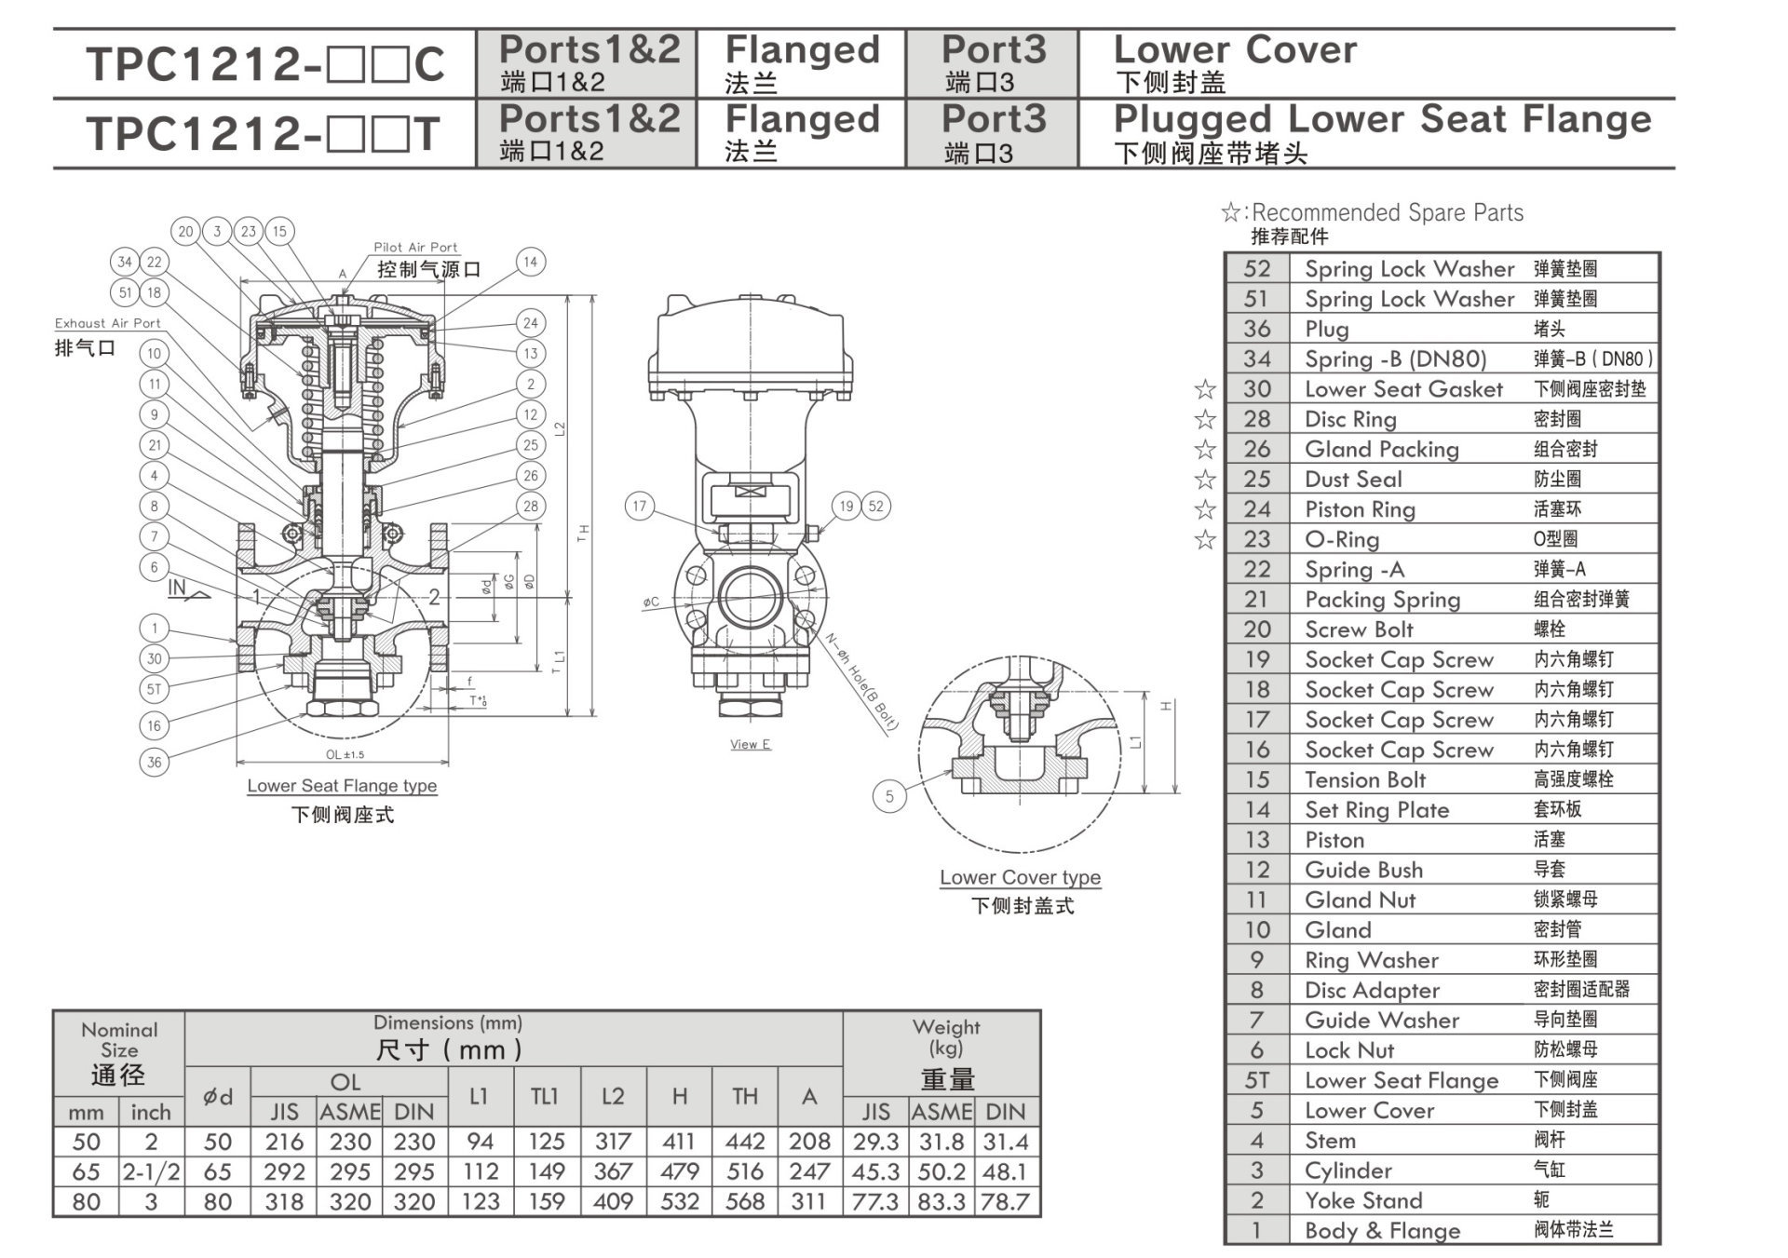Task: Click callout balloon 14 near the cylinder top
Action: pyautogui.click(x=530, y=262)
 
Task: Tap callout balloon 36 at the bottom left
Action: pyautogui.click(x=155, y=762)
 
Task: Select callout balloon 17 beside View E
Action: pyautogui.click(x=639, y=507)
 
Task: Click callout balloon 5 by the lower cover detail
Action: pyautogui.click(x=889, y=796)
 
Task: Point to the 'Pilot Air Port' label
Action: pyautogui.click(x=415, y=248)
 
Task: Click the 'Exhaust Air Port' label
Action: pyautogui.click(x=107, y=323)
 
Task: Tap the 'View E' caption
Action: pyautogui.click(x=750, y=744)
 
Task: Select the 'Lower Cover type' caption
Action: pyautogui.click(x=1020, y=877)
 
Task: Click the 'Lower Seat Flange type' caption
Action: pyautogui.click(x=342, y=786)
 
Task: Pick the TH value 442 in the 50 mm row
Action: pyautogui.click(x=744, y=1142)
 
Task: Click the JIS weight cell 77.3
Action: pyautogui.click(x=875, y=1202)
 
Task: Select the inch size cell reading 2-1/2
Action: pyautogui.click(x=151, y=1172)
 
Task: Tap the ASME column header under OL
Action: pyautogui.click(x=350, y=1112)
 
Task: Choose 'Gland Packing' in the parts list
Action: pyautogui.click(x=1381, y=449)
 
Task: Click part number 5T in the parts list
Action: pyautogui.click(x=1256, y=1080)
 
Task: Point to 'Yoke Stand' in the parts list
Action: pyautogui.click(x=1362, y=1200)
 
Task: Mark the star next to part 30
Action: pyautogui.click(x=1205, y=389)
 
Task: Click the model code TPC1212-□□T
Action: pyautogui.click(x=263, y=134)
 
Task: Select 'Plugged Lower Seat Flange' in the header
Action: pyautogui.click(x=1382, y=120)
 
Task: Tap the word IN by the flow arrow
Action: pyautogui.click(x=177, y=588)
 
